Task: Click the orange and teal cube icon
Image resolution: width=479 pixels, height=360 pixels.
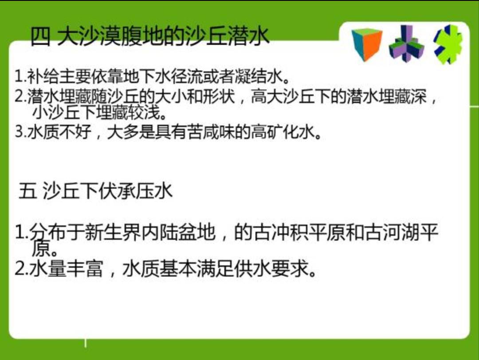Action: click(x=367, y=44)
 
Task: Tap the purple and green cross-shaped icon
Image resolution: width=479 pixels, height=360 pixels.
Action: click(x=407, y=44)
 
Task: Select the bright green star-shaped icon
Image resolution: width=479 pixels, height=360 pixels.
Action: click(x=448, y=44)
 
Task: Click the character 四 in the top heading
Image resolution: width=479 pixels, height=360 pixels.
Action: click(x=41, y=36)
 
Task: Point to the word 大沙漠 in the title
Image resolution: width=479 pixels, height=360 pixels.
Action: click(x=89, y=36)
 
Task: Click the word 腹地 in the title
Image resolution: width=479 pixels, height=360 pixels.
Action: click(x=142, y=36)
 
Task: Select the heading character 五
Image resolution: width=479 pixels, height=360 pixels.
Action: click(x=28, y=191)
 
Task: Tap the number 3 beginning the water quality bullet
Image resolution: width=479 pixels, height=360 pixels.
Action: click(x=20, y=132)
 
